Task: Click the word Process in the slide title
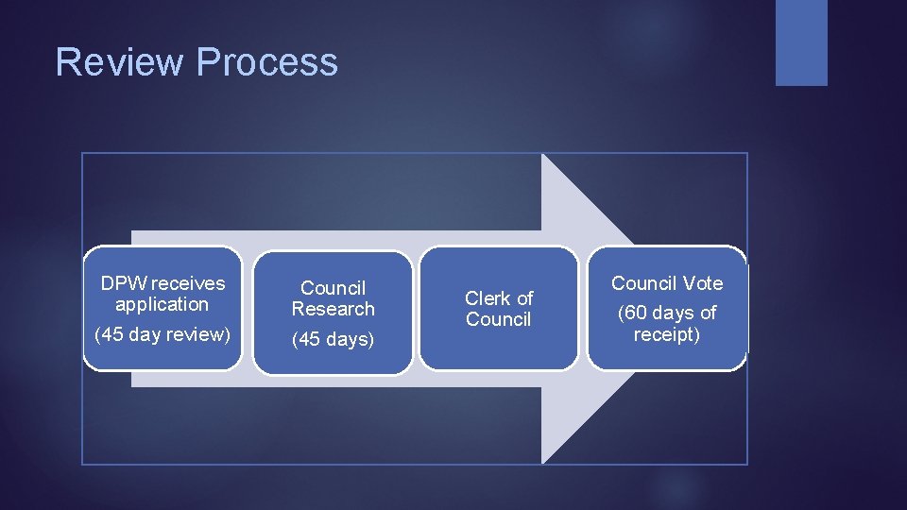pyautogui.click(x=267, y=62)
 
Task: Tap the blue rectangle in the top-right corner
pyautogui.click(x=801, y=42)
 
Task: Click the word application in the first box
pyautogui.click(x=162, y=304)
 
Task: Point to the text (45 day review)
pyautogui.click(x=163, y=334)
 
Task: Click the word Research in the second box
pyautogui.click(x=333, y=309)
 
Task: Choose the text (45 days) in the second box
pyautogui.click(x=333, y=339)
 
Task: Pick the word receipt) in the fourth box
pyautogui.click(x=667, y=334)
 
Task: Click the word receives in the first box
pyautogui.click(x=188, y=283)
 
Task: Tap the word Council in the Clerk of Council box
pyautogui.click(x=498, y=319)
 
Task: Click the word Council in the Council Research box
pyautogui.click(x=333, y=288)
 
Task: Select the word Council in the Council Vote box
pyautogui.click(x=643, y=283)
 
